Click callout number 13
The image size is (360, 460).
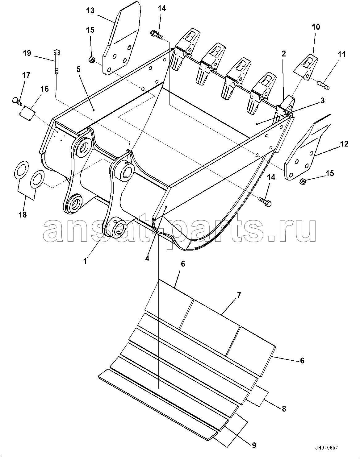click(x=90, y=10)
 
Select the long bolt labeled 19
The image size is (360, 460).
click(x=56, y=62)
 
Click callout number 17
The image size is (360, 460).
click(x=26, y=75)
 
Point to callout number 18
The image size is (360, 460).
click(x=23, y=214)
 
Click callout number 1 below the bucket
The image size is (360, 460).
click(x=85, y=261)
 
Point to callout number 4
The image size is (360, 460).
click(x=147, y=259)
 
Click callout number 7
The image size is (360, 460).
click(x=239, y=295)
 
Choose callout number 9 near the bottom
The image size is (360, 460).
click(x=254, y=445)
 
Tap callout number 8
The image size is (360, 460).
click(x=284, y=409)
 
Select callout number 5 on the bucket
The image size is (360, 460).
click(x=78, y=69)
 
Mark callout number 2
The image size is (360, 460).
click(x=283, y=54)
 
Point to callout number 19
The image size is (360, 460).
click(x=27, y=53)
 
